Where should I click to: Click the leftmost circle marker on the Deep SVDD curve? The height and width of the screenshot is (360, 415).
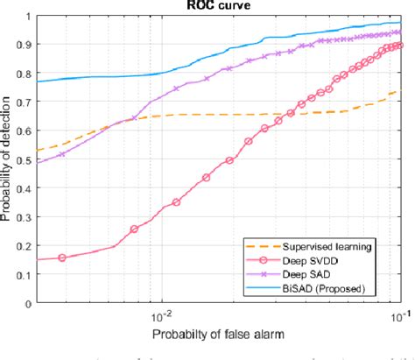coord(62,258)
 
